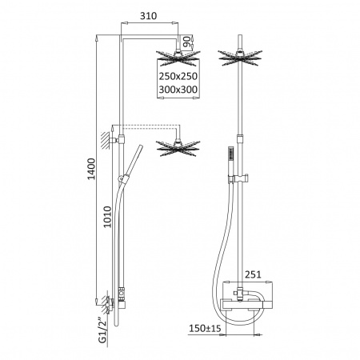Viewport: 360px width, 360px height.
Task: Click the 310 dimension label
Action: coord(149,16)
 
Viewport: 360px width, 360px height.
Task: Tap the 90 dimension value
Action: coord(188,42)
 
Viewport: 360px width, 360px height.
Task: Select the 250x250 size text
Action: coord(178,76)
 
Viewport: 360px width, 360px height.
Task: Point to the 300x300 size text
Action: coord(178,90)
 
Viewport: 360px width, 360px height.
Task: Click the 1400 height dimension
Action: coord(91,169)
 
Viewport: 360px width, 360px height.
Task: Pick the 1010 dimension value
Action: coord(107,217)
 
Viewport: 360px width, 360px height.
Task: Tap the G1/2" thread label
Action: coord(102,330)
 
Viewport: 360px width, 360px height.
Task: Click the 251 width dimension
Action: coord(253,274)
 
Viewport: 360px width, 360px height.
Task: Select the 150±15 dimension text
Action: coord(205,328)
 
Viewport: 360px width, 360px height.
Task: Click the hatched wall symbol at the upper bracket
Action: coord(106,140)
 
